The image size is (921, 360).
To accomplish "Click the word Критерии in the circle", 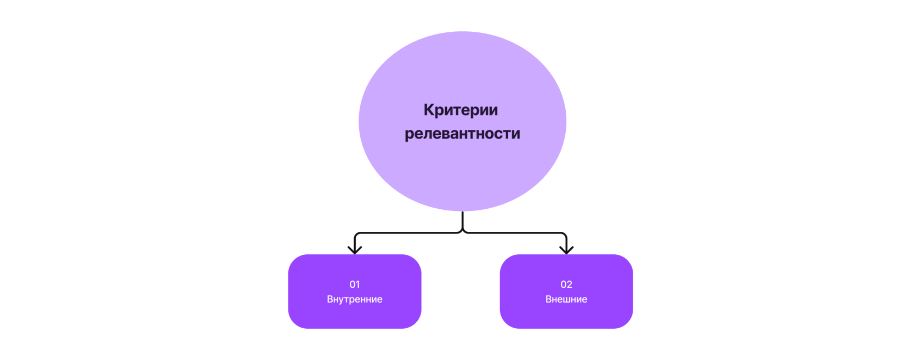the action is (461, 110).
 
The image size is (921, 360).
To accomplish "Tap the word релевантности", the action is (462, 134).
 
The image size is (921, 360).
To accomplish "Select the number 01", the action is (355, 284).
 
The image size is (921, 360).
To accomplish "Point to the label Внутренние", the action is (355, 299).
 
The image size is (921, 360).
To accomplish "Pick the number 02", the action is (566, 284).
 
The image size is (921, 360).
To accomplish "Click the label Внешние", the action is (566, 299).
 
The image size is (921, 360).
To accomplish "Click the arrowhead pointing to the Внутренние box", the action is (355, 249).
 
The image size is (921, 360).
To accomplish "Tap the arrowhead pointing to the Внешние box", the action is (566, 249).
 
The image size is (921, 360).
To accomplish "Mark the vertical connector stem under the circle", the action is (463, 220).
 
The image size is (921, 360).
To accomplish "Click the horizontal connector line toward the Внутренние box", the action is (408, 233).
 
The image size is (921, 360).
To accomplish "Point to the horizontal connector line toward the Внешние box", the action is (515, 233).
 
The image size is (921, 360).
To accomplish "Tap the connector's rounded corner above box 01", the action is (357, 235).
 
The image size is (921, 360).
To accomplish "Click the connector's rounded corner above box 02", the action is (564, 235).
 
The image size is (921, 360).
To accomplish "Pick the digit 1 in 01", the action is (358, 284).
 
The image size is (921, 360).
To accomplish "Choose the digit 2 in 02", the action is (570, 284).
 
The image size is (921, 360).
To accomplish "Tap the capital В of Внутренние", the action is (330, 299).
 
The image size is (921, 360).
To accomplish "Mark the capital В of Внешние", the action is (549, 299).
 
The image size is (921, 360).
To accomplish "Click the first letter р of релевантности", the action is (409, 135).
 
